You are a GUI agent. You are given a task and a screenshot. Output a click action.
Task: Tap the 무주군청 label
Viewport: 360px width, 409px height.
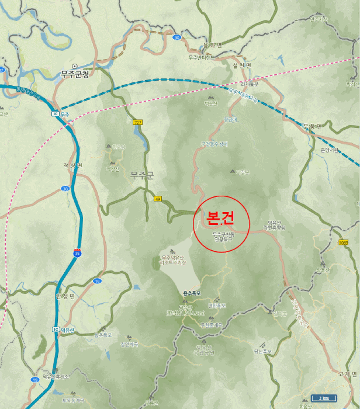pyautogui.click(x=75, y=74)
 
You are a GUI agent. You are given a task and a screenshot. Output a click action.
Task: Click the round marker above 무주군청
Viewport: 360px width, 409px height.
pyautogui.click(x=74, y=65)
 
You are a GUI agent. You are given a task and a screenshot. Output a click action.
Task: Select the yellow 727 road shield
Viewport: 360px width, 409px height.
pyautogui.click(x=138, y=122)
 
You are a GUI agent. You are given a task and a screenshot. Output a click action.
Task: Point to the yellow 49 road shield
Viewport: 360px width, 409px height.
pyautogui.click(x=157, y=199)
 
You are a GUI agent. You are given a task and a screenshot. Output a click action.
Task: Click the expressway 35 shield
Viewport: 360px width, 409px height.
pyautogui.click(x=77, y=252)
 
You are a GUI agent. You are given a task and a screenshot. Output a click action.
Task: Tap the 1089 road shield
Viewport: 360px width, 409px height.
pyautogui.click(x=342, y=241)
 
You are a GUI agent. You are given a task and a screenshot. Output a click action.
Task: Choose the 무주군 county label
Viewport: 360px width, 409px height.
pyautogui.click(x=142, y=174)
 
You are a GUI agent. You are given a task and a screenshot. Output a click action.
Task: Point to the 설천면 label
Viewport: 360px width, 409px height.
pyautogui.click(x=241, y=65)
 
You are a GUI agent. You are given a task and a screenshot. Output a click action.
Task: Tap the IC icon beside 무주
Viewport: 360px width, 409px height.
pyautogui.click(x=56, y=113)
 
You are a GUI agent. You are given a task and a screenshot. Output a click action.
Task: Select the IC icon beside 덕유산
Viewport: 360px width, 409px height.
pyautogui.click(x=56, y=329)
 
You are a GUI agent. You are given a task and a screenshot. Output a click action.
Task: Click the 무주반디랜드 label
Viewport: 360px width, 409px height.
pyautogui.click(x=202, y=57)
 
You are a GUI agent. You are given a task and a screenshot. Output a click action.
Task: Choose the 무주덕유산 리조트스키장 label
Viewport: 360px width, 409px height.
pyautogui.click(x=173, y=260)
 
